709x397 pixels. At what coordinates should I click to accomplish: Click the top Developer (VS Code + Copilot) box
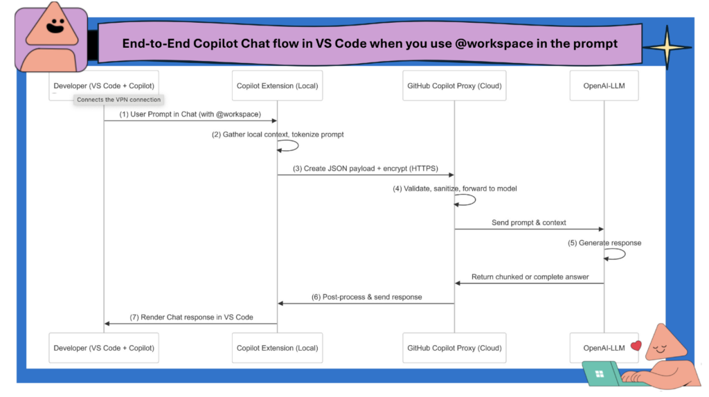(x=104, y=85)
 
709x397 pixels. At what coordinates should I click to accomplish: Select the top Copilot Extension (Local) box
(x=277, y=85)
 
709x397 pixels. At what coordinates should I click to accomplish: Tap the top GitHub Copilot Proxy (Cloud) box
(x=454, y=85)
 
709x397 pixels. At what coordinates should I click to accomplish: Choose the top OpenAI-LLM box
(x=604, y=85)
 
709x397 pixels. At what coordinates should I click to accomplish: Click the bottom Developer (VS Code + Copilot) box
(x=104, y=348)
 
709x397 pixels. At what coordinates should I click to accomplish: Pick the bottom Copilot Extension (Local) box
(x=277, y=348)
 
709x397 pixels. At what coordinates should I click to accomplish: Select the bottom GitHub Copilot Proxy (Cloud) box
(x=454, y=348)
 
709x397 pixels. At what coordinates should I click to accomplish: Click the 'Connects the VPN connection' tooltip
(x=118, y=100)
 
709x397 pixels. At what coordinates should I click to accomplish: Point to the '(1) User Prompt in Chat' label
(x=190, y=114)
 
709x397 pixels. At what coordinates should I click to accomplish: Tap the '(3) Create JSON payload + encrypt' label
(x=365, y=168)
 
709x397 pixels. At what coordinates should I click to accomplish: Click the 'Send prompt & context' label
(x=530, y=222)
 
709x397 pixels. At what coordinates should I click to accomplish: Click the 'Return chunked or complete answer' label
(x=530, y=276)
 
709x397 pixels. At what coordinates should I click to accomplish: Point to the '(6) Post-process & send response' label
(x=366, y=297)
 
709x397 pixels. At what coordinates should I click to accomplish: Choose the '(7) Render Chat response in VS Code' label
(x=191, y=317)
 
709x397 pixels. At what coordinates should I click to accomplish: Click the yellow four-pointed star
(x=665, y=47)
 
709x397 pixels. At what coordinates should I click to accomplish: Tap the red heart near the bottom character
(x=636, y=344)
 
